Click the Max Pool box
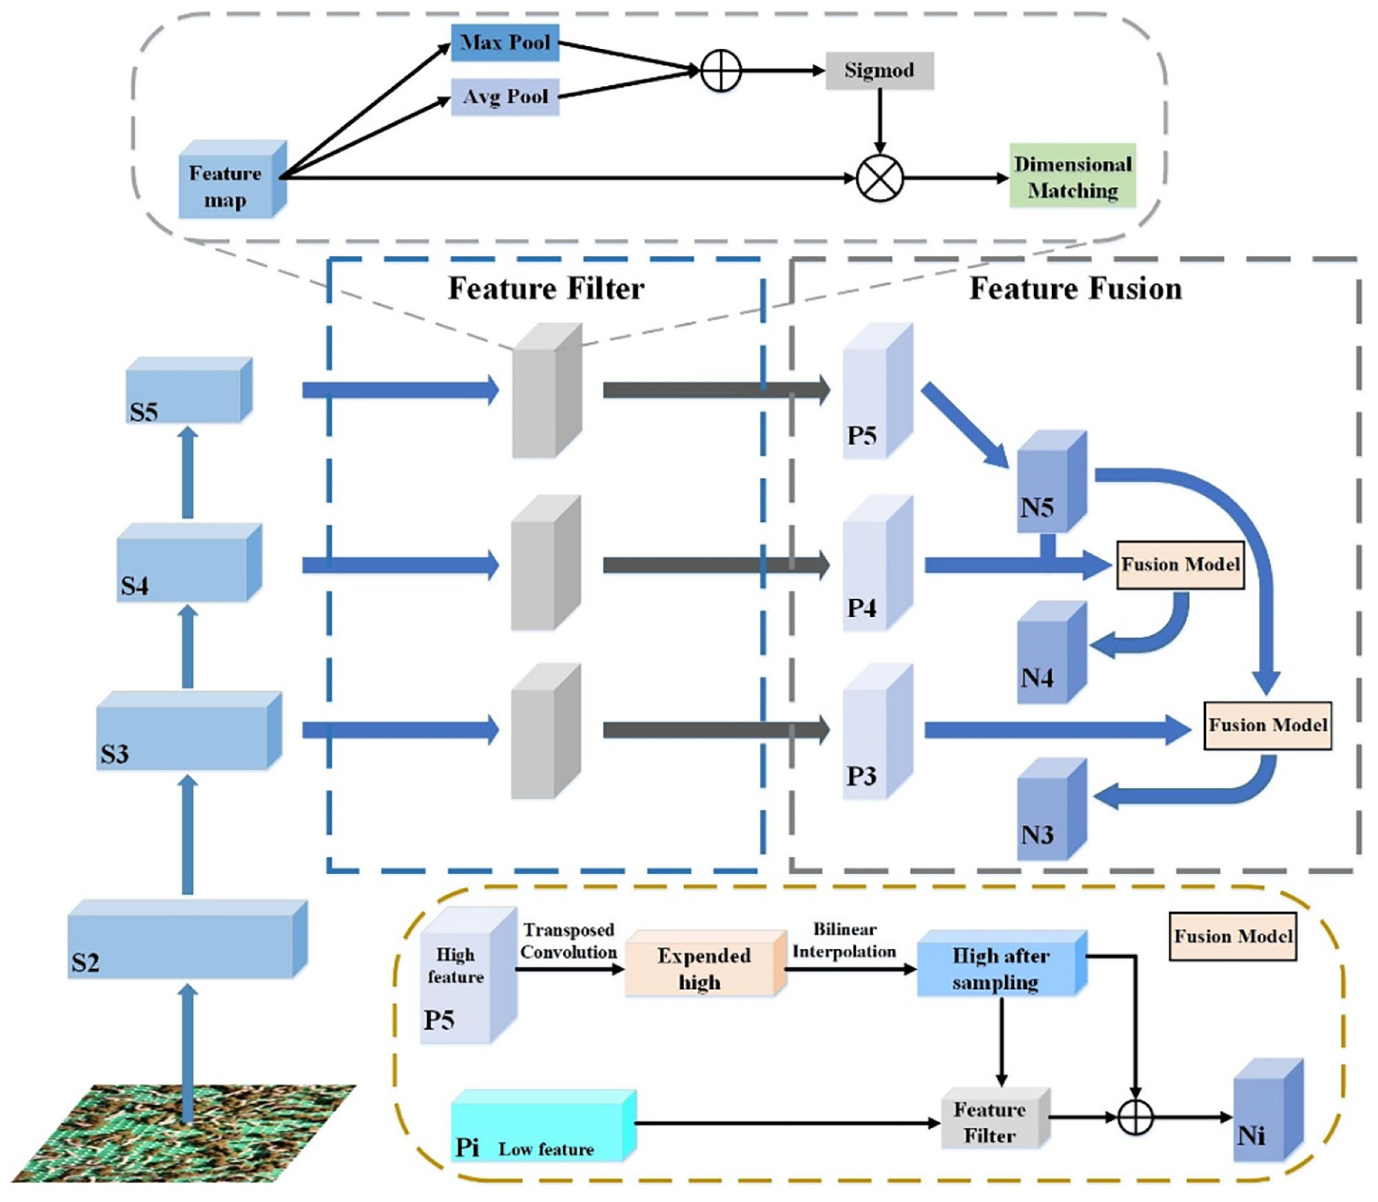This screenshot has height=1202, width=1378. point(504,42)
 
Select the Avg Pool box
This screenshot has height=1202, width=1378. point(504,97)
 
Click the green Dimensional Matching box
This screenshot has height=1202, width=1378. point(1072,177)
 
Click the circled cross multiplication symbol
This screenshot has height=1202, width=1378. point(879,178)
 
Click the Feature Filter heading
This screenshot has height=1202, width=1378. point(545,288)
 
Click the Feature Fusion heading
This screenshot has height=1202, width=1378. point(1075,288)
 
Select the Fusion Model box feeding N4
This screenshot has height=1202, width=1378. point(1180,565)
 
